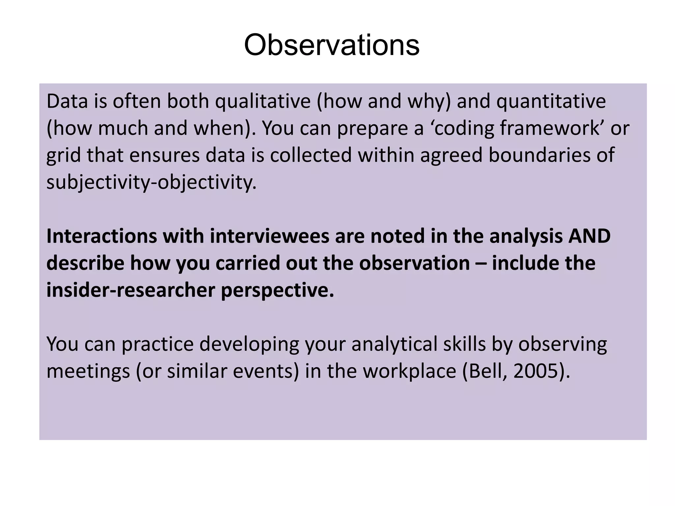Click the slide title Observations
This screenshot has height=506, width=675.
click(332, 45)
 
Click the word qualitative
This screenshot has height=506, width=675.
click(263, 101)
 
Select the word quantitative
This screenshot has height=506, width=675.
click(551, 101)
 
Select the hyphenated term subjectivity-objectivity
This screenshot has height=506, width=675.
click(151, 182)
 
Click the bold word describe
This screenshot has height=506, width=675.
click(85, 263)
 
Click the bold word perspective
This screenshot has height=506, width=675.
click(277, 291)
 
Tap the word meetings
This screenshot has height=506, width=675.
click(88, 372)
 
